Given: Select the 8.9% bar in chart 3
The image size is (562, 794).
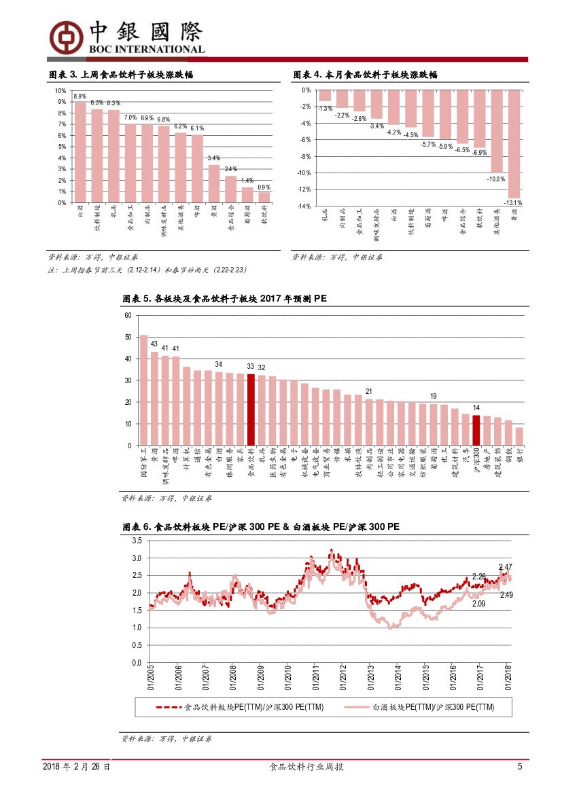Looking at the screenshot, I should (x=80, y=152).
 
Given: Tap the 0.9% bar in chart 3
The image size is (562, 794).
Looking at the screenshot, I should (x=264, y=197).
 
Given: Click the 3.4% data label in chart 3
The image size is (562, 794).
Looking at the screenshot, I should (x=213, y=158).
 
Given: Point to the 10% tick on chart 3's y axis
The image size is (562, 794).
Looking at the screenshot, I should (x=60, y=91).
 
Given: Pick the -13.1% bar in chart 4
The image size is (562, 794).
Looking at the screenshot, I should (x=514, y=144).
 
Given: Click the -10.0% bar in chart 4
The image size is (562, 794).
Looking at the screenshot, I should (x=497, y=131).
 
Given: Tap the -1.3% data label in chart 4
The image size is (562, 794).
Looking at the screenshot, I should (x=325, y=108).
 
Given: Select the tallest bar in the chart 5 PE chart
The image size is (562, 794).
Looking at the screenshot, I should (x=143, y=390).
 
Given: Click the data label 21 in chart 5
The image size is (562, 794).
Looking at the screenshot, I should (x=368, y=391).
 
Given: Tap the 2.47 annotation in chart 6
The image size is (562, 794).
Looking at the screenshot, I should (x=505, y=566).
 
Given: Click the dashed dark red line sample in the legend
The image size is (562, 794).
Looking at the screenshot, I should (x=170, y=707).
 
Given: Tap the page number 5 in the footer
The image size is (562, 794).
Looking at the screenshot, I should (x=520, y=767).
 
